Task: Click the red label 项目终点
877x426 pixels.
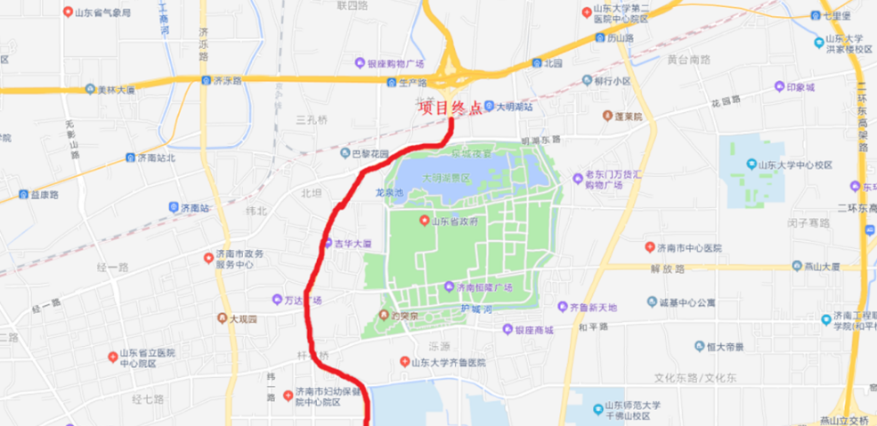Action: click(x=451, y=108)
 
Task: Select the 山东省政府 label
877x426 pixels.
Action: click(x=457, y=221)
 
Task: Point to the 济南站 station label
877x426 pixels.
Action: click(x=194, y=207)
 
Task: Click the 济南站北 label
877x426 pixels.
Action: click(x=156, y=157)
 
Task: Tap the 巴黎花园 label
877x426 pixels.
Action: click(x=369, y=153)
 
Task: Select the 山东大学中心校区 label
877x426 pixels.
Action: click(x=794, y=165)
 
